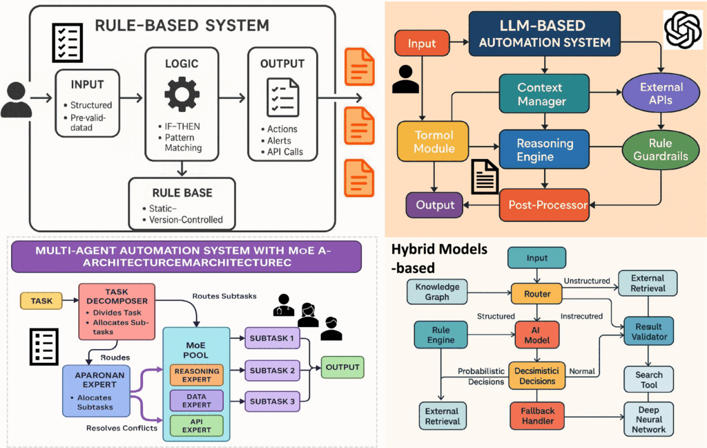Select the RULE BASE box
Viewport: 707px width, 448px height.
(x=182, y=203)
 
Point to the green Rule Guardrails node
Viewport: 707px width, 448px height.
(x=661, y=149)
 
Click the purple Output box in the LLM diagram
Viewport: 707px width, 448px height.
(x=435, y=205)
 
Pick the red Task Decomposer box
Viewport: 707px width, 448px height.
(x=116, y=311)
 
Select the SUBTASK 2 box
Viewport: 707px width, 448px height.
(x=272, y=371)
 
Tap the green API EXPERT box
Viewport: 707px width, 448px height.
(x=196, y=424)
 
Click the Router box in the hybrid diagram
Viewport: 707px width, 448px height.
(x=537, y=294)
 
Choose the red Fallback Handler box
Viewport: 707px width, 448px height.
(x=537, y=416)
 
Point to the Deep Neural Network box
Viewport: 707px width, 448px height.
(x=648, y=419)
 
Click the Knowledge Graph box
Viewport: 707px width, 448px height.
(x=437, y=291)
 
